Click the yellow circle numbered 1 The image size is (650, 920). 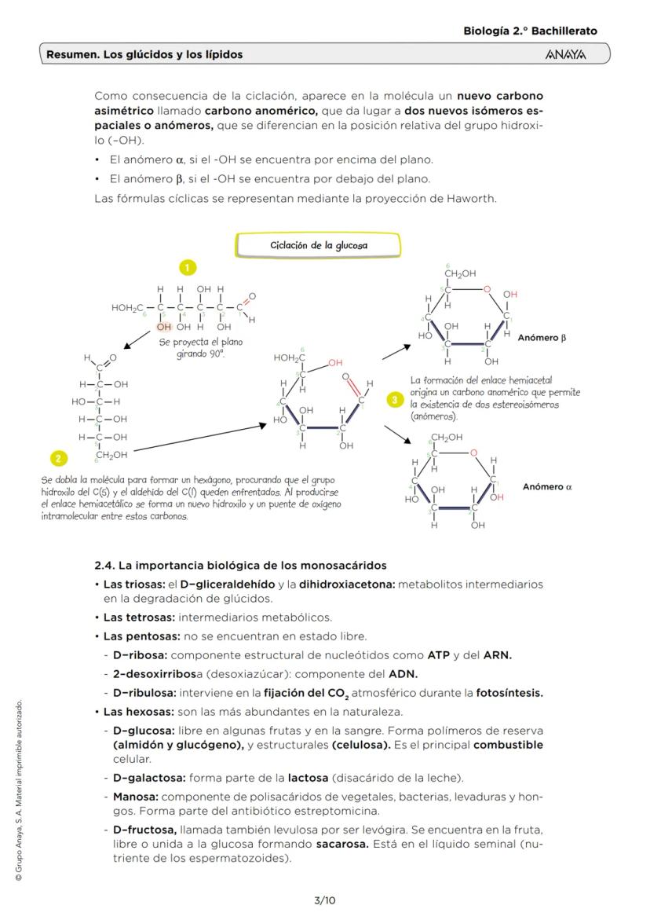(188, 268)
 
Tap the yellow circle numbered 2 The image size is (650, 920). (57, 458)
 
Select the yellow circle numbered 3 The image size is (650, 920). (396, 400)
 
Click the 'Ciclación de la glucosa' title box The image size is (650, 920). (318, 245)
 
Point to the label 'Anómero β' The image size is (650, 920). (542, 338)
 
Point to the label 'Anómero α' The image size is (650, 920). (547, 487)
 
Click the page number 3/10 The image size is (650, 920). (325, 900)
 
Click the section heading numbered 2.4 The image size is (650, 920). (240, 566)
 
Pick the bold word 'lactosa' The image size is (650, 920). (308, 778)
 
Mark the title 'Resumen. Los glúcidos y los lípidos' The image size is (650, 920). (144, 55)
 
